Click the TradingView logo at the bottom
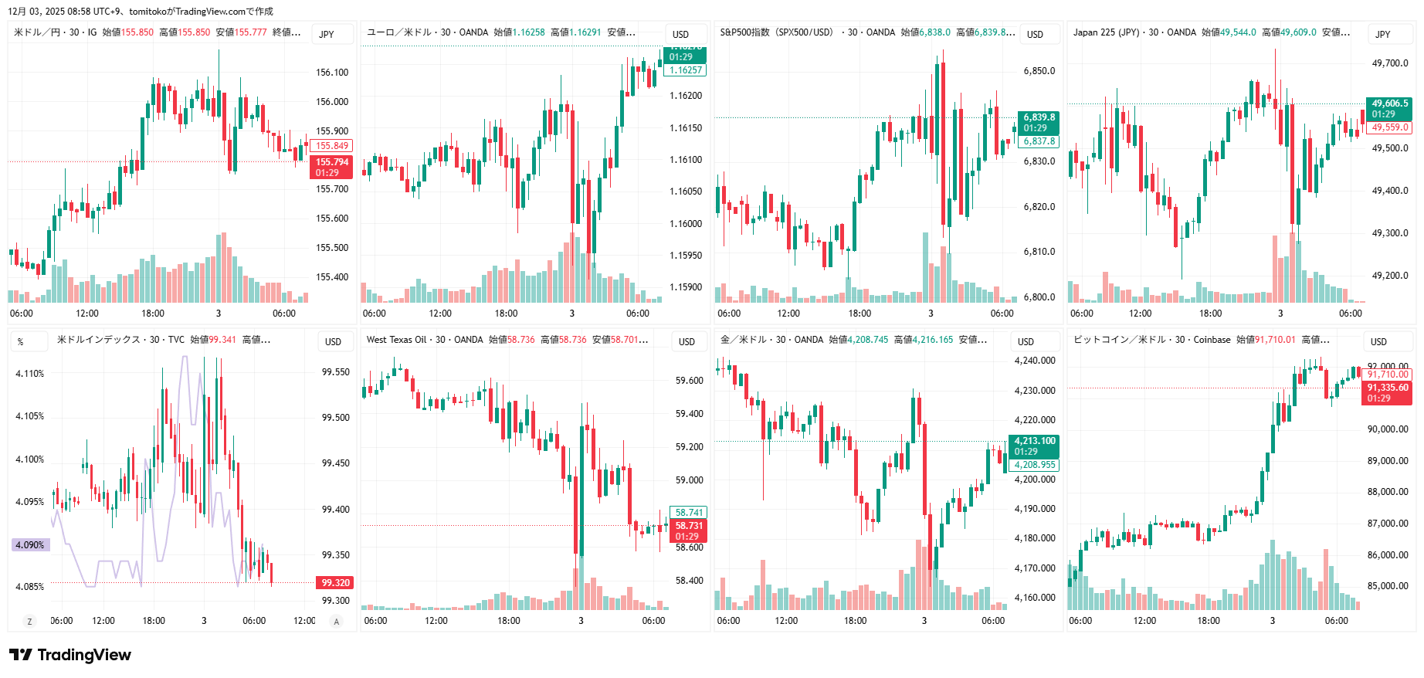pyautogui.click(x=70, y=655)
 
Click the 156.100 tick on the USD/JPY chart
pyautogui.click(x=332, y=73)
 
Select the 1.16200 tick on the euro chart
pyautogui.click(x=686, y=96)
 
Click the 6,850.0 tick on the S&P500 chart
pyautogui.click(x=1039, y=71)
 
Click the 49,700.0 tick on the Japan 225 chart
pyautogui.click(x=1390, y=63)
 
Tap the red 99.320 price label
pyautogui.click(x=335, y=583)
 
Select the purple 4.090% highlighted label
pyautogui.click(x=30, y=545)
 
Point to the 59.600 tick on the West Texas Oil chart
pyautogui.click(x=689, y=381)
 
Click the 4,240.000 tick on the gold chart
pyautogui.click(x=1035, y=361)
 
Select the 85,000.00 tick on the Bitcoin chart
pyautogui.click(x=1388, y=586)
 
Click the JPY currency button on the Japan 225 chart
pyautogui.click(x=1383, y=35)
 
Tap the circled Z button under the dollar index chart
pyautogui.click(x=30, y=622)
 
